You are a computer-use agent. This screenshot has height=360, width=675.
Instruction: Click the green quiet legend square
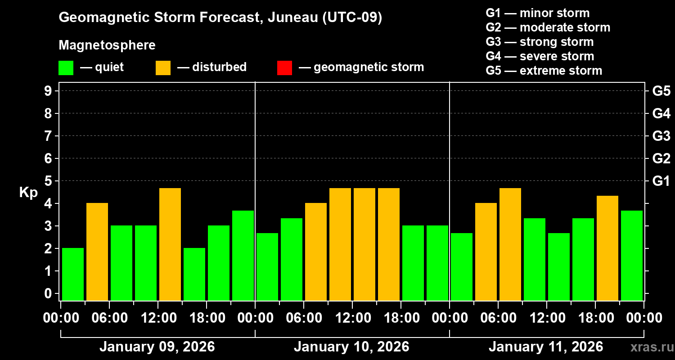pos(66,68)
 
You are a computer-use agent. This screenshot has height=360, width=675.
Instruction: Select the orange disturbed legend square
pos(163,68)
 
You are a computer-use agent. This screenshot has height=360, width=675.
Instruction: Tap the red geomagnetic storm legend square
pos(284,68)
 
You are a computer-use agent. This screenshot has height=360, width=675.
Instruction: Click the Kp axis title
pos(28,193)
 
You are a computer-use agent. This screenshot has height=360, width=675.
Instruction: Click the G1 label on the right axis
pos(661,181)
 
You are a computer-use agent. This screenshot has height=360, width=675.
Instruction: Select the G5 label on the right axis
pos(661,91)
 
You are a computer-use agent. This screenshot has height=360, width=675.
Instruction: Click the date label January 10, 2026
pos(351,347)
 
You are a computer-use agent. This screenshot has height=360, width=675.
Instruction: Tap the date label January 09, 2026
pos(157,347)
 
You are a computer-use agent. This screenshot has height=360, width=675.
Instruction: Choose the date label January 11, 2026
pos(546,347)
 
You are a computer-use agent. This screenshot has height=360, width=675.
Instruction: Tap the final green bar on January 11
pos(632,255)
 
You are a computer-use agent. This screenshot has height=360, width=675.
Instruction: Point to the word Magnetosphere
pos(107,45)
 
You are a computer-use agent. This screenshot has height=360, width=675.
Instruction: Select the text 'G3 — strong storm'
pos(540,42)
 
